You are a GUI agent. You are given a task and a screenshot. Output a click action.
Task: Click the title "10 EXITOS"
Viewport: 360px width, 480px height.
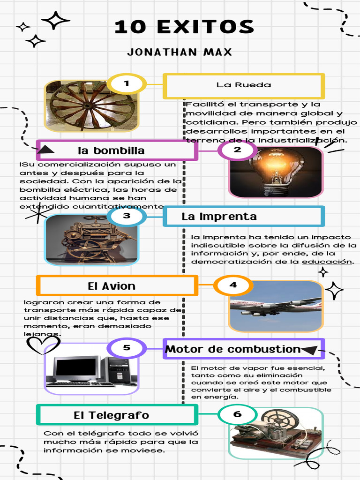(184, 27)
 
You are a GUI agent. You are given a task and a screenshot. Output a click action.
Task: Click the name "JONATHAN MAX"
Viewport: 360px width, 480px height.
(180, 52)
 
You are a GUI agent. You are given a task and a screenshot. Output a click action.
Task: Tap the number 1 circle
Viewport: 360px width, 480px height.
(126, 84)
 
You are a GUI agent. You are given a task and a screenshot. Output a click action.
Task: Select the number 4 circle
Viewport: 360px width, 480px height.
(233, 285)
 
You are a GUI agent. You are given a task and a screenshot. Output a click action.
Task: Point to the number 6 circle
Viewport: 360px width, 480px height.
(237, 414)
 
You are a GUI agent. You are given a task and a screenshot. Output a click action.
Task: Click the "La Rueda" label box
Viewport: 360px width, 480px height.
(243, 85)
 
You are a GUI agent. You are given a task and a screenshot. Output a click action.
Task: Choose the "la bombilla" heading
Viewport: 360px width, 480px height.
(112, 150)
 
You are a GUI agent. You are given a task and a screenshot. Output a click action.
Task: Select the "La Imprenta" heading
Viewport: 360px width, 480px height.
(219, 217)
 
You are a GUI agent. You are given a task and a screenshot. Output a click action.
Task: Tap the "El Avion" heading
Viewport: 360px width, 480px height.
(112, 286)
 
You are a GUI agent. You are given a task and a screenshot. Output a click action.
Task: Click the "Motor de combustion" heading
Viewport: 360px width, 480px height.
(233, 349)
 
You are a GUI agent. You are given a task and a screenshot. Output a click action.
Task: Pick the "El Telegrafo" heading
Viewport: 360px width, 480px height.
(112, 415)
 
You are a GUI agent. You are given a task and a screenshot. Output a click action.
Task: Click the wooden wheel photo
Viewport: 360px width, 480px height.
(92, 106)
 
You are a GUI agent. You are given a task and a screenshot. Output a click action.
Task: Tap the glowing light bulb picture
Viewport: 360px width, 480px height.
(276, 172)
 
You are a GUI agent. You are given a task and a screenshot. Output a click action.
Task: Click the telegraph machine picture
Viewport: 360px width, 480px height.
(276, 433)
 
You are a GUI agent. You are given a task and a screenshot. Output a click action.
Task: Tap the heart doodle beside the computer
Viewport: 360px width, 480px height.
(43, 345)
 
